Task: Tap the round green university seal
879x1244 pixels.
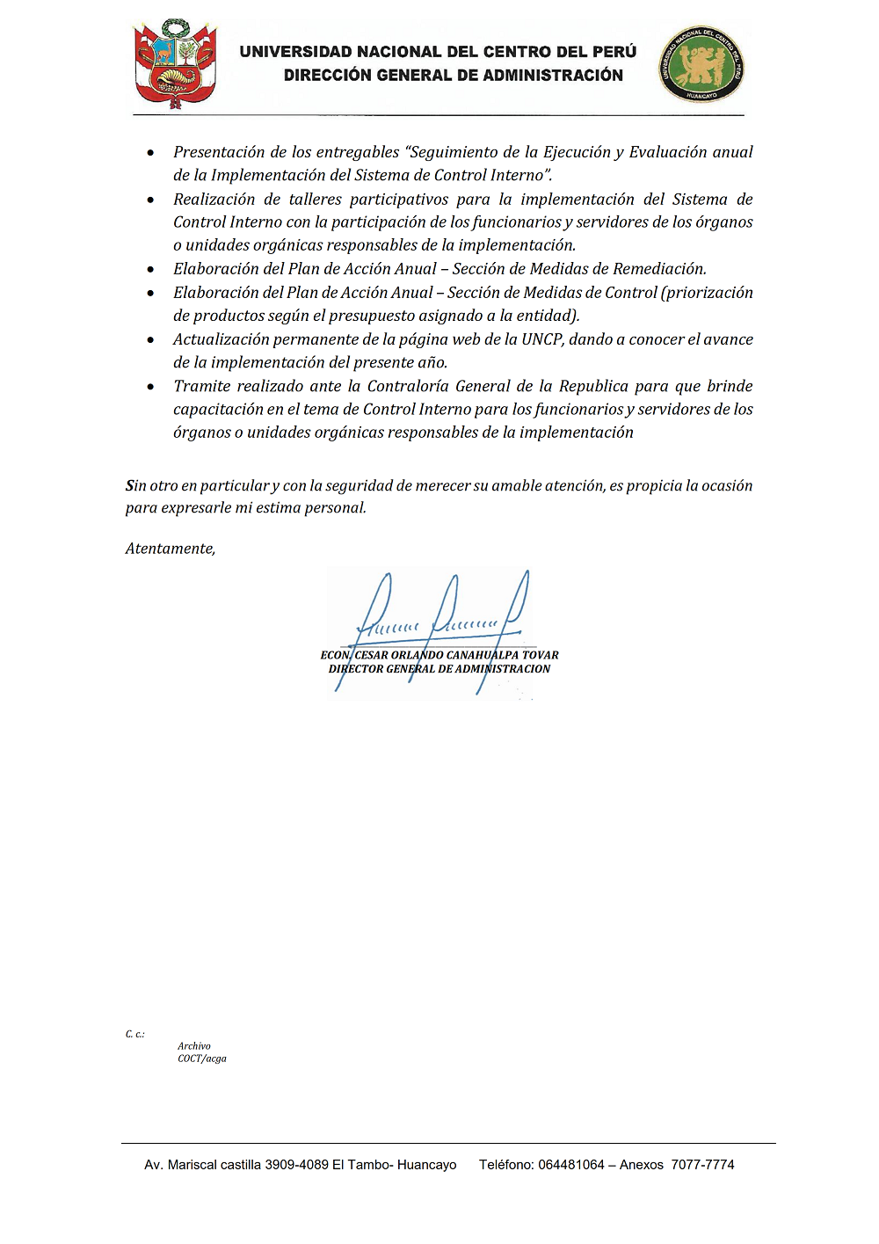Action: tap(701, 64)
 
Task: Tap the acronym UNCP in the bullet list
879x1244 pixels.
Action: tap(541, 339)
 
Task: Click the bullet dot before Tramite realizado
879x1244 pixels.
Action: tap(152, 387)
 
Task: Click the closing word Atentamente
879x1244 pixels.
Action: tap(170, 549)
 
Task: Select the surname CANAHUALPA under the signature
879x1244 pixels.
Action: tap(483, 655)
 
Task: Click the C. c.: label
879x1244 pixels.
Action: tap(134, 1034)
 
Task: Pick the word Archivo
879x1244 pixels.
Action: tap(194, 1046)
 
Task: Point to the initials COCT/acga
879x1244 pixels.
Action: tap(202, 1058)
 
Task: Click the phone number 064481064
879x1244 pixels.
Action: tap(571, 1165)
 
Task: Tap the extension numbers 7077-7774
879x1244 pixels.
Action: tap(702, 1165)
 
